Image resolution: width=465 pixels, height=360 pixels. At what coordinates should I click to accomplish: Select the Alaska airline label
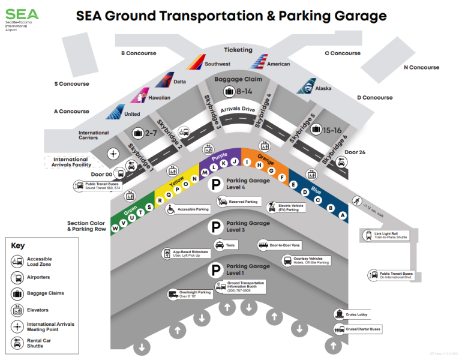(x=323, y=88)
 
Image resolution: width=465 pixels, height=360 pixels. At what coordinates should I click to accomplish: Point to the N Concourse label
(x=421, y=67)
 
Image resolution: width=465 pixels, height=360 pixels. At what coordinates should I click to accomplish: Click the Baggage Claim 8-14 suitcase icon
(x=229, y=91)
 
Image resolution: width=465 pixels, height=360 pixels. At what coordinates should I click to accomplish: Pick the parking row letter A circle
(x=343, y=215)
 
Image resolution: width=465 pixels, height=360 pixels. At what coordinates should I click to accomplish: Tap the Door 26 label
(x=353, y=152)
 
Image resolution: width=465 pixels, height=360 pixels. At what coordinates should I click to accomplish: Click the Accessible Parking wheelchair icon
(x=170, y=209)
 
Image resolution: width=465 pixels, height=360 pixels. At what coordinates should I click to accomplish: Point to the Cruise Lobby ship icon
(x=340, y=314)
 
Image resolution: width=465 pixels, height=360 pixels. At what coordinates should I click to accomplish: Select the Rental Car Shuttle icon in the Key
(x=18, y=343)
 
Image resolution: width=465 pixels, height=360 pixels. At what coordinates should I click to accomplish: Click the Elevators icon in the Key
(x=18, y=310)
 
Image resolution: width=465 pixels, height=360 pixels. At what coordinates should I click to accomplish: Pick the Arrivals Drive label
(x=238, y=110)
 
